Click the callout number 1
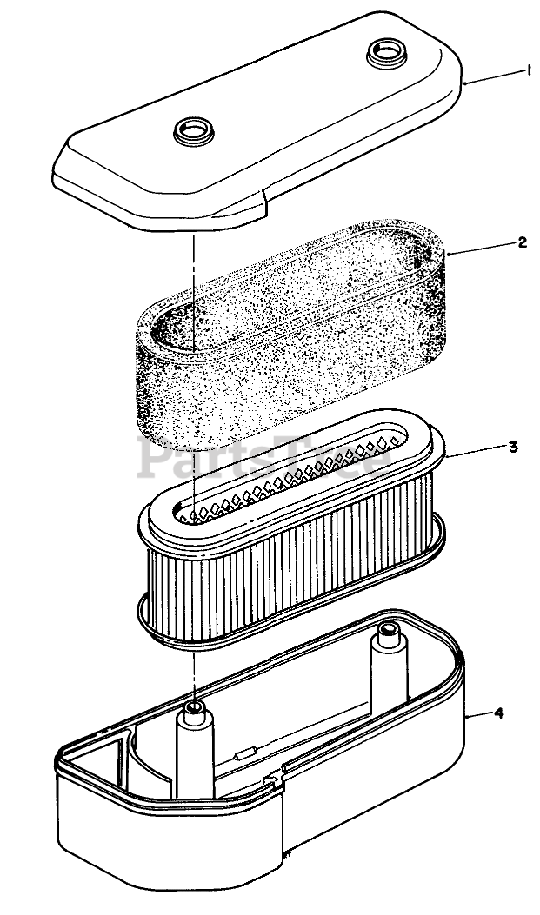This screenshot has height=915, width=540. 528,73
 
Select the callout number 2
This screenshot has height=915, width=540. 522,242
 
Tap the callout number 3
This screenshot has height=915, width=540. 513,448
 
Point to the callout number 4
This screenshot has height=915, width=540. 498,713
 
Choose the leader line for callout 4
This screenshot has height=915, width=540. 480,715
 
